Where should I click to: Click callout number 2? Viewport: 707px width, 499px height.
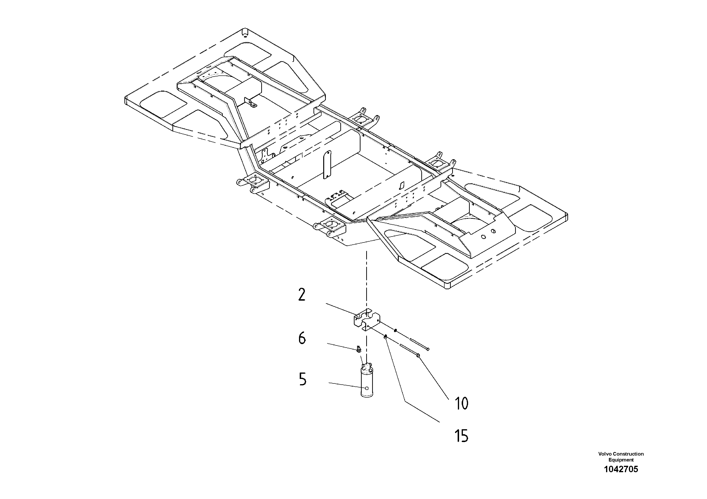pos(302,295)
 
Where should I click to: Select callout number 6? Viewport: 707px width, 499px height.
pos(302,338)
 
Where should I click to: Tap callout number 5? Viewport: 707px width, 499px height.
pos(303,379)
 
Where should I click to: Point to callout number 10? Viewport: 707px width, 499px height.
pos(461,403)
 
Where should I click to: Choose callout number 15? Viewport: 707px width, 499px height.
pos(461,436)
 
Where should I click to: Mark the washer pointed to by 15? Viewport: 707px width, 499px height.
pos(385,337)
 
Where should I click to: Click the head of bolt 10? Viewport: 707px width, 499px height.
pos(418,356)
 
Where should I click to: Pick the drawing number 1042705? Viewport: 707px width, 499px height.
pos(621,469)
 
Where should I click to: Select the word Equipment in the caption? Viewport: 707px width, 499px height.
pos(621,460)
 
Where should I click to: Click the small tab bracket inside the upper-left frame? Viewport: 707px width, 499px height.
pos(250,103)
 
